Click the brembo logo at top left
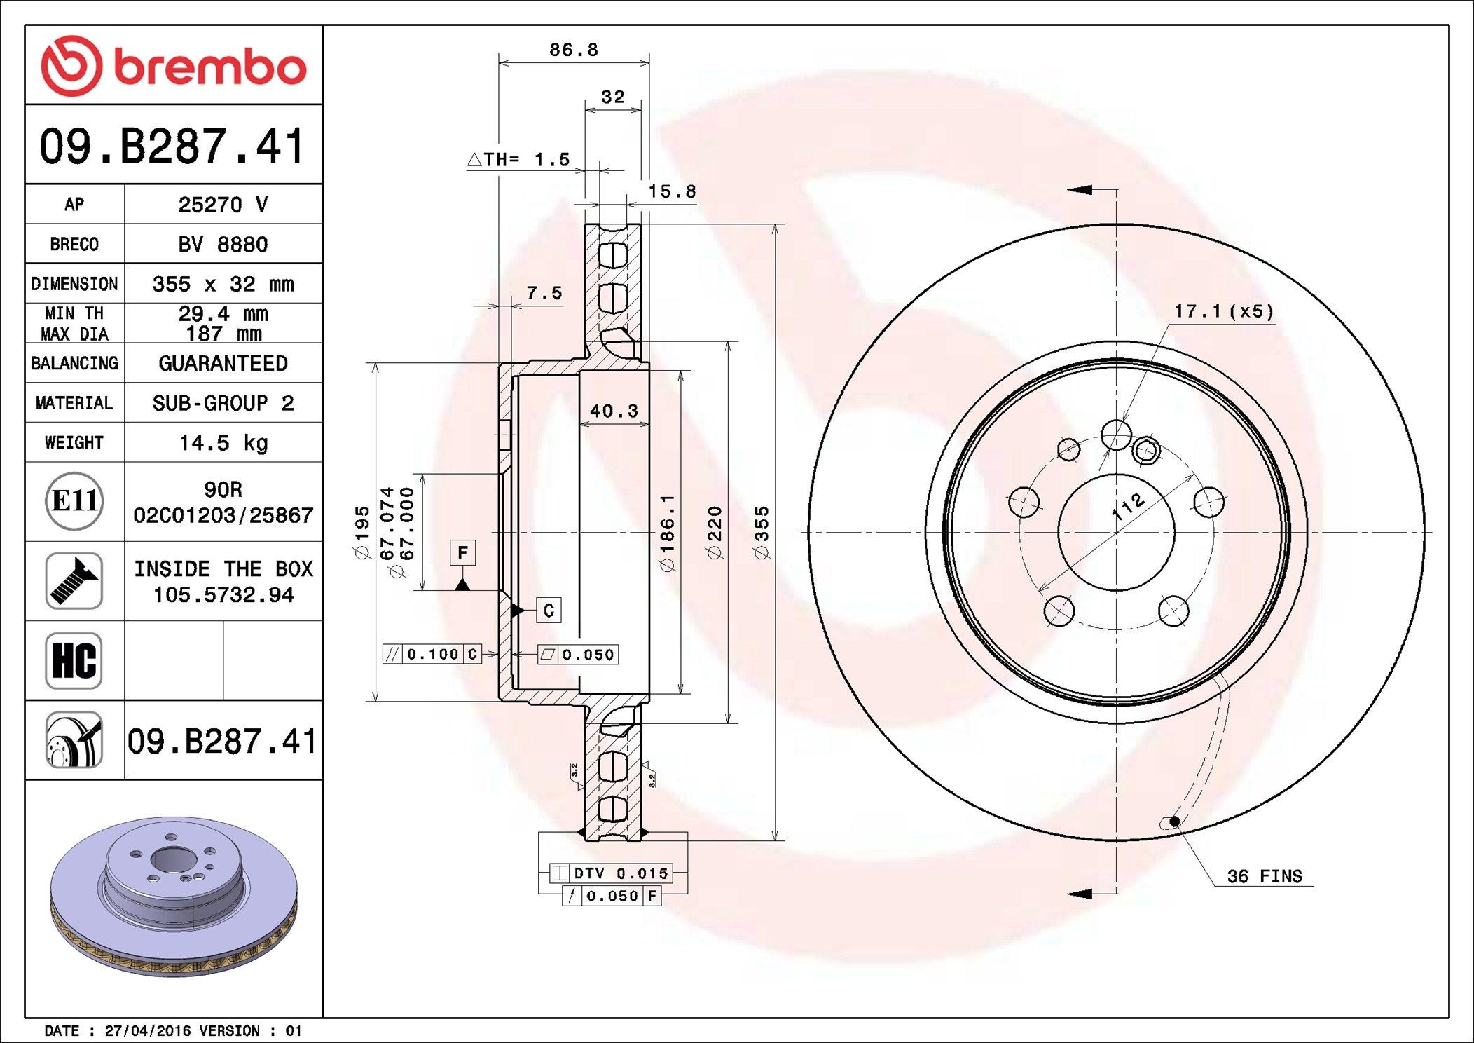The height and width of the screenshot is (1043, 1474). (x=173, y=66)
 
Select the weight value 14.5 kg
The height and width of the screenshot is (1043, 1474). (x=223, y=443)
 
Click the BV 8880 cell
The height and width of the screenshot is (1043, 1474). (x=223, y=245)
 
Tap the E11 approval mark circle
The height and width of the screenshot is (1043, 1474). (x=74, y=501)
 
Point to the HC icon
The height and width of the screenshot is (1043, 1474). (x=74, y=660)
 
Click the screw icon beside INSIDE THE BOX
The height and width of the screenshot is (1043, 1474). (x=74, y=580)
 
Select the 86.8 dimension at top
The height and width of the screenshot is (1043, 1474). (x=573, y=50)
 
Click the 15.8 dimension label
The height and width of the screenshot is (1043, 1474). (x=671, y=191)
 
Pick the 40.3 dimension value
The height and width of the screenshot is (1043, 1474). (x=614, y=411)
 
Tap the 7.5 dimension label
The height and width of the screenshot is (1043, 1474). (x=544, y=293)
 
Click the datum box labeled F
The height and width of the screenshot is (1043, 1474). (x=462, y=552)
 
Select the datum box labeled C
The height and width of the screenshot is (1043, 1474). (x=549, y=611)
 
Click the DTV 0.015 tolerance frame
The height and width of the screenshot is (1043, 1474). (x=611, y=873)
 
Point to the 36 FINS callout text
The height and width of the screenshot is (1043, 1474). (x=1264, y=876)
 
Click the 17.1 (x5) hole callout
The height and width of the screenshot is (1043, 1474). (x=1223, y=311)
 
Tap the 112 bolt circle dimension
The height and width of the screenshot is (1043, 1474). (x=1128, y=505)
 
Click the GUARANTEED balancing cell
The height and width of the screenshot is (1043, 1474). (x=223, y=363)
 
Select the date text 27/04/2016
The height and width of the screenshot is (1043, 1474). (x=147, y=1031)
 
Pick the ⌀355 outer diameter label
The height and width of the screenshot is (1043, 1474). (x=762, y=532)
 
